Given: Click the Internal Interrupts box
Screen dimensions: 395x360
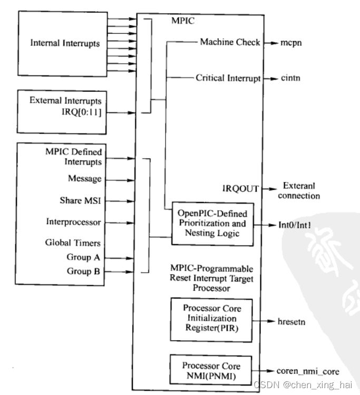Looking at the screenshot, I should (x=64, y=44).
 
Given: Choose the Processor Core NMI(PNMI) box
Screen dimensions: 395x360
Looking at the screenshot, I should (x=211, y=370).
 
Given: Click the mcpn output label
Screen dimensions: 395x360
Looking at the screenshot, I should (x=291, y=43).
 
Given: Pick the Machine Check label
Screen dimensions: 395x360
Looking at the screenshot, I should (x=230, y=42).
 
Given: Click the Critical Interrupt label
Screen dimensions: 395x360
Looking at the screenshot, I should (x=228, y=79).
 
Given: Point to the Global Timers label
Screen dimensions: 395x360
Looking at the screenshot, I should (x=80, y=243).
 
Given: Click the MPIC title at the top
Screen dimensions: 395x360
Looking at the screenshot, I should (x=183, y=21).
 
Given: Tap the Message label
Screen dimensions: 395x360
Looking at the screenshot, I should (x=84, y=179).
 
